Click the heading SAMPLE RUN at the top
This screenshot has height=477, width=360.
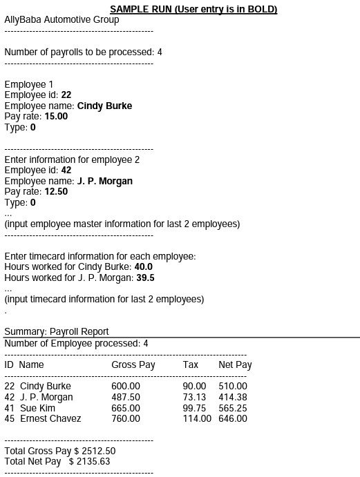[193, 9]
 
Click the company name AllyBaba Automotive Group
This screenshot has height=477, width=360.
[61, 20]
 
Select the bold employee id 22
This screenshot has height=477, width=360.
[66, 95]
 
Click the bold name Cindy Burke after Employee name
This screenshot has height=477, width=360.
[104, 106]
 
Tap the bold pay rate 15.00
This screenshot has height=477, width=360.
[56, 117]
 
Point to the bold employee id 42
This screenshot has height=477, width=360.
[66, 171]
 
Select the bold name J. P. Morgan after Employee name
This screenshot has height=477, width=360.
[104, 182]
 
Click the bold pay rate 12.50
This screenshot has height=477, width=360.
[56, 192]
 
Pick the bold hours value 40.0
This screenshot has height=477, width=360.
[144, 267]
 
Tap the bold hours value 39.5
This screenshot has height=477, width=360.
[146, 278]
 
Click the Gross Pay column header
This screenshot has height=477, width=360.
[133, 364]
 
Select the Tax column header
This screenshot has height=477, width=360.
[191, 364]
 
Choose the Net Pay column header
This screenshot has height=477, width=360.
[235, 364]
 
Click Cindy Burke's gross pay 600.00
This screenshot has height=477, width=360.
[126, 387]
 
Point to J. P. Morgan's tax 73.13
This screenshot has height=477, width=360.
[194, 398]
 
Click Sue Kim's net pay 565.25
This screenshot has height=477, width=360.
[233, 409]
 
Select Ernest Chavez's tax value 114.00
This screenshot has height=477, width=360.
[197, 419]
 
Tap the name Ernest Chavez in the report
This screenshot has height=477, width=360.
[50, 419]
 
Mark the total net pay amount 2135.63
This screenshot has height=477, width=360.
[94, 462]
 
